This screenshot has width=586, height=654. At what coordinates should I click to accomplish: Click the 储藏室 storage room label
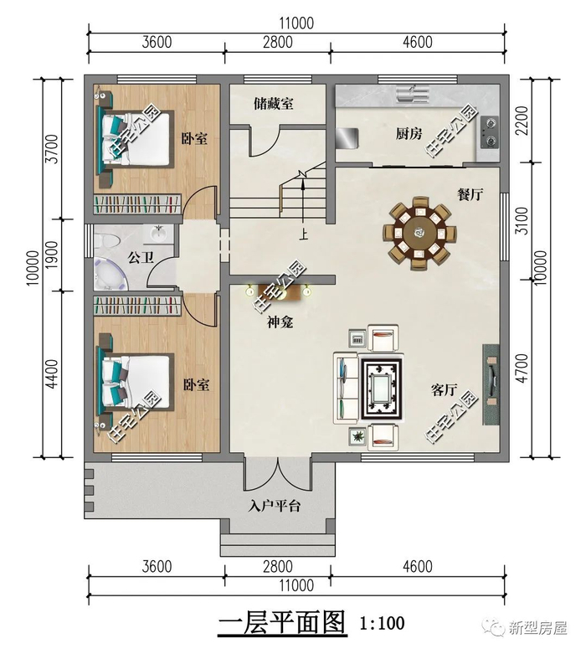[273, 104]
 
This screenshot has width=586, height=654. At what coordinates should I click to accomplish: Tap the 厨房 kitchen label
[409, 134]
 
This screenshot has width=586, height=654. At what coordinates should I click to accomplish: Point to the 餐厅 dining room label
[470, 194]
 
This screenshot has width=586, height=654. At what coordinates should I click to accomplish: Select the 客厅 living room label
[444, 390]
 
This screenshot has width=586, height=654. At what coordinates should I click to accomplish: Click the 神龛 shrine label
[280, 322]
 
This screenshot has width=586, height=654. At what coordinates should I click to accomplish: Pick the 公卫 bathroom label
[141, 257]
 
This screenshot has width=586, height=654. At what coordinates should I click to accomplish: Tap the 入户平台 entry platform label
[274, 507]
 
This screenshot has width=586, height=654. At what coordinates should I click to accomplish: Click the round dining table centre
[419, 233]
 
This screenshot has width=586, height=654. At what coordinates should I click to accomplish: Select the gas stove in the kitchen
[490, 132]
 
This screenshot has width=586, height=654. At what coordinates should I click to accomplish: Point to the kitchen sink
[413, 94]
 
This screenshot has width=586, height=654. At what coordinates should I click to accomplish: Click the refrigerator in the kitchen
[347, 138]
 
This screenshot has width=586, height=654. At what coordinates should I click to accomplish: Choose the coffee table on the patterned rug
[382, 389]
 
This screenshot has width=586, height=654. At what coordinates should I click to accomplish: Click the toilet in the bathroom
[105, 241]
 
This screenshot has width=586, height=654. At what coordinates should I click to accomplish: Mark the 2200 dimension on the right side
[522, 121]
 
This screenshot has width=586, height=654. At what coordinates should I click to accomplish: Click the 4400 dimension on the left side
[52, 373]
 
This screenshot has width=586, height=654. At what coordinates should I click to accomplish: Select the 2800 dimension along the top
[278, 42]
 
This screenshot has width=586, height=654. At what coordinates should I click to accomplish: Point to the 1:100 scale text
[382, 623]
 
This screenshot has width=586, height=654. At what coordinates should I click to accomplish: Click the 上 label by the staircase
[304, 234]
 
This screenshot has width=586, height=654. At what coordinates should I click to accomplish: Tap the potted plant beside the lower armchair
[357, 436]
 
